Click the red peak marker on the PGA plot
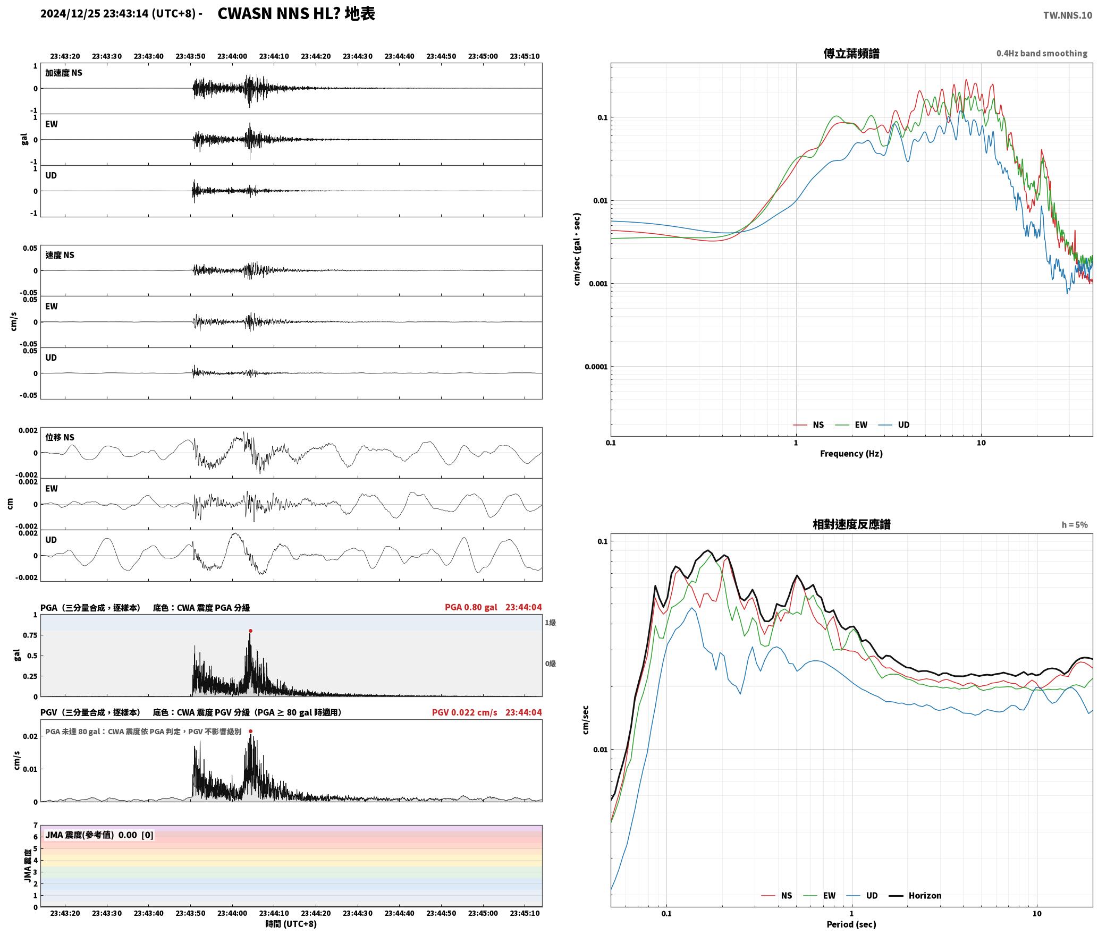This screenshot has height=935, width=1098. (x=250, y=631)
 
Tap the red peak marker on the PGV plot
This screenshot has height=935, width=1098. (x=250, y=732)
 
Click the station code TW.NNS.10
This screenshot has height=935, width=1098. (x=1068, y=15)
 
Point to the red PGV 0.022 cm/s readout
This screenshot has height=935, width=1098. (x=464, y=712)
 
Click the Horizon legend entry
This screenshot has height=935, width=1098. (x=915, y=896)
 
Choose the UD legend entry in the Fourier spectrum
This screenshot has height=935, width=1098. (x=894, y=425)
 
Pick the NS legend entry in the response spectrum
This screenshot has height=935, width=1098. (x=776, y=896)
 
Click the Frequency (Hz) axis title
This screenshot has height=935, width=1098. (x=851, y=454)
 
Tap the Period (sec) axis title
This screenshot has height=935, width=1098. (x=851, y=924)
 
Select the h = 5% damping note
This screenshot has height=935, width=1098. (x=1075, y=525)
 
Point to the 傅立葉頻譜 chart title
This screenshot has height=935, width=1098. (x=851, y=54)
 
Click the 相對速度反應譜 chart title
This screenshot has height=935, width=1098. (x=851, y=524)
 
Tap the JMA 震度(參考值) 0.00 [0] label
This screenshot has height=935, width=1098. (x=99, y=835)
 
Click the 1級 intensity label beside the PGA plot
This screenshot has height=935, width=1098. (x=550, y=623)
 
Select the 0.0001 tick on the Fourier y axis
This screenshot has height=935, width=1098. (x=595, y=367)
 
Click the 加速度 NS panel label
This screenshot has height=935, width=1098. (x=64, y=73)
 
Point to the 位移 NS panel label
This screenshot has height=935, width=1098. (x=60, y=438)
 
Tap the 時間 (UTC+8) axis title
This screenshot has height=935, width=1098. (x=291, y=924)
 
